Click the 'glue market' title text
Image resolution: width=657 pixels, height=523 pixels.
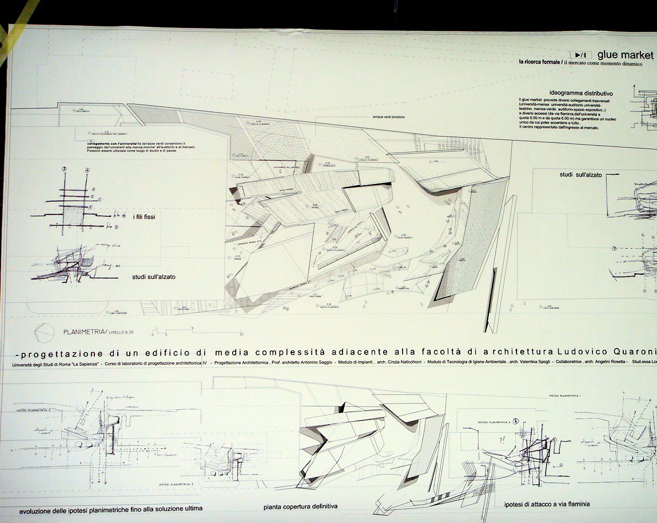pyautogui.click(x=625, y=54)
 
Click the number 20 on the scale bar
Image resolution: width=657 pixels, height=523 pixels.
pyautogui.click(x=242, y=334)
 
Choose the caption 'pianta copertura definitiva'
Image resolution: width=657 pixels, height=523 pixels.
pyautogui.click(x=300, y=506)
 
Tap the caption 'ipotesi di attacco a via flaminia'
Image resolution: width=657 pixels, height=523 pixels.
pyautogui.click(x=547, y=504)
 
